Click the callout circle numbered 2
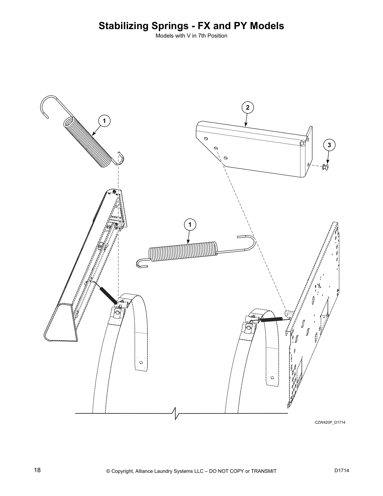(248, 107)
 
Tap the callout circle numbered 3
(329, 145)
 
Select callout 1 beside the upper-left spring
(105, 121)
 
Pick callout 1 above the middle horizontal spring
(190, 225)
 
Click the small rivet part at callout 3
(325, 167)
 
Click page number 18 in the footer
(37, 470)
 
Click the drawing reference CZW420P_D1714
(330, 422)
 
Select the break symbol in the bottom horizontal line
(176, 413)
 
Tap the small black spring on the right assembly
(272, 319)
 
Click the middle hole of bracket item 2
(216, 148)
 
